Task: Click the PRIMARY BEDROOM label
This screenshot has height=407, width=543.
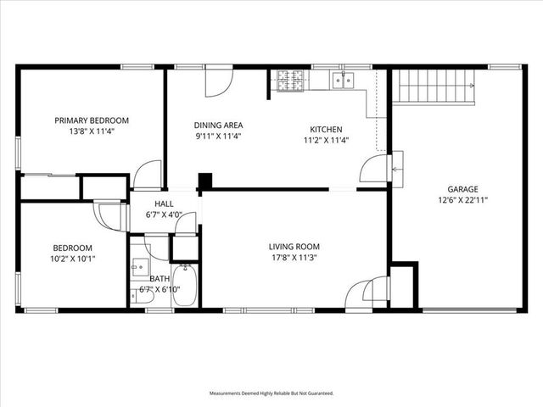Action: point(92,120)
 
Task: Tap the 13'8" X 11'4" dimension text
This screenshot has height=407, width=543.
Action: point(92,131)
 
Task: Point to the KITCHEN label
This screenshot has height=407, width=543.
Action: point(325,130)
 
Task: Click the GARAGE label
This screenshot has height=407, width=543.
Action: point(463,189)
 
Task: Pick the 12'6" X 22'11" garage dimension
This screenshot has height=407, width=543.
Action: point(463,200)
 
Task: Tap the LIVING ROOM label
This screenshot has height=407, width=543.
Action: point(296,247)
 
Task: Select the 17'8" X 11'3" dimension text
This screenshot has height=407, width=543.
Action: point(296,258)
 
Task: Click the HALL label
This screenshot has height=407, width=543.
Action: point(164,203)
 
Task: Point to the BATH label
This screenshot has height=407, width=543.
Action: point(160,278)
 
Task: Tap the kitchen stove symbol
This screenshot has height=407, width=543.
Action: point(291,80)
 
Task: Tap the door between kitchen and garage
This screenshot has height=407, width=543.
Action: point(374,168)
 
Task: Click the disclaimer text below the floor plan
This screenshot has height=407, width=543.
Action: point(271,393)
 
